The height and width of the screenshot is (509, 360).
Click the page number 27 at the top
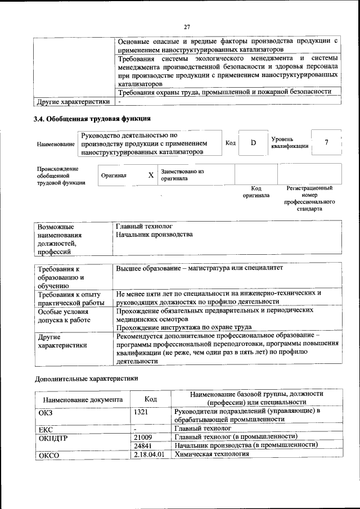point(187,26)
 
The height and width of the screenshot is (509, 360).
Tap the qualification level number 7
point(326,142)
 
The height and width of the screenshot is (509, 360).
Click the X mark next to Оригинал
point(151,175)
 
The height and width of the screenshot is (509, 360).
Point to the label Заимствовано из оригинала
point(182,174)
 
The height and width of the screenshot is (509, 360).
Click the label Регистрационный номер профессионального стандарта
point(309,198)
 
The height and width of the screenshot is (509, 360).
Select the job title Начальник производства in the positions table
point(154,234)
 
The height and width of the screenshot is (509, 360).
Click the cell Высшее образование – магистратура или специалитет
point(199,268)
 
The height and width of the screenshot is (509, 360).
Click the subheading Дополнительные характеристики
point(86,379)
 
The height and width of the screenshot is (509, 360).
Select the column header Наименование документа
point(82,400)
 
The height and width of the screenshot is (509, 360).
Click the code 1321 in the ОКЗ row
point(141,411)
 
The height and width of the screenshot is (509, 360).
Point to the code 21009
point(143,436)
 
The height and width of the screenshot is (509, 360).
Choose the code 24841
point(143,445)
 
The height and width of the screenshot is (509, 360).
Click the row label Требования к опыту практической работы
point(69,298)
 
